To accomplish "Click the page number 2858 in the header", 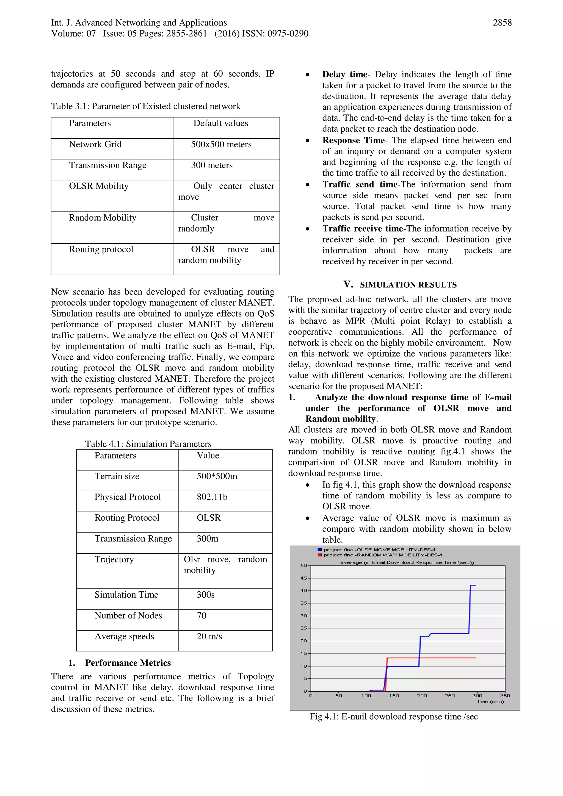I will tap(502, 23).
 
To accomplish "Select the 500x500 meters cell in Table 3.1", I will tap(221, 145).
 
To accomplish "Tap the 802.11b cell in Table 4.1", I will tap(212, 497).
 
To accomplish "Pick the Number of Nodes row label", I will tap(128, 615).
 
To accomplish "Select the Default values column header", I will tap(221, 123).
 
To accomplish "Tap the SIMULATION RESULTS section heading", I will tap(408, 285).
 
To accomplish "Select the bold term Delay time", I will tap(344, 74).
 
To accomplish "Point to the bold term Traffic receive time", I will tap(363, 229).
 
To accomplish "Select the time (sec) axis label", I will tap(490, 701).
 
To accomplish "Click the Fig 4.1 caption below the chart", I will tap(393, 717).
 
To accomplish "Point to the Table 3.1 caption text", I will tap(145, 106).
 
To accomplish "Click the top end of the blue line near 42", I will tap(473, 586).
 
